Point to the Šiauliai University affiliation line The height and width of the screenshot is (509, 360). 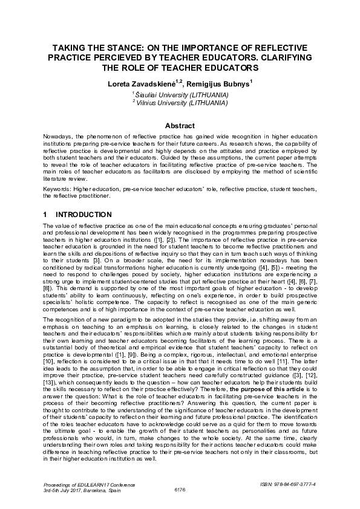click(181, 94)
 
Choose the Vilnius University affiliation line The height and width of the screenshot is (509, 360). click(181, 102)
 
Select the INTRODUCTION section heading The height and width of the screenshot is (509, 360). click(83, 215)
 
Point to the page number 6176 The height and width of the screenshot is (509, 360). click(180, 490)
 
